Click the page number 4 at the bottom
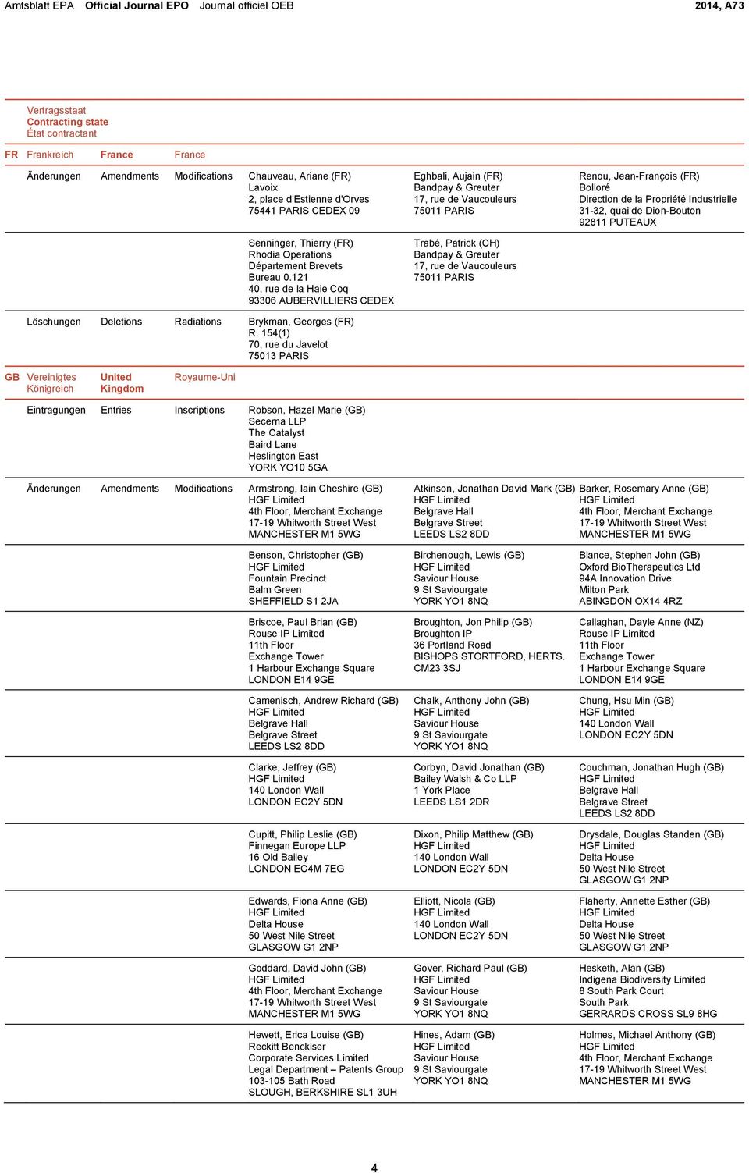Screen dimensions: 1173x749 pos(374,1168)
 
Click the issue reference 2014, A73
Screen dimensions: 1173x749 pos(719,5)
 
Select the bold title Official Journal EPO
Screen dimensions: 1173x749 pos(137,5)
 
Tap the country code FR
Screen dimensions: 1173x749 pos(12,155)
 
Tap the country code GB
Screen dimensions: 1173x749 pos(12,377)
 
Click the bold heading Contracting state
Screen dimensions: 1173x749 pos(68,122)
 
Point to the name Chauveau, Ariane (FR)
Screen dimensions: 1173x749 pos(300,176)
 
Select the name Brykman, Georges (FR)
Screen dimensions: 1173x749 pos(301,322)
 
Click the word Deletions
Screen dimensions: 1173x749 pos(121,322)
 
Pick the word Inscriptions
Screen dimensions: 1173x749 pos(199,410)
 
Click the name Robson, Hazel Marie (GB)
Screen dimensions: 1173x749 pos(307,410)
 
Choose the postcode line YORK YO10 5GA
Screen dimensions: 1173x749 pos(288,467)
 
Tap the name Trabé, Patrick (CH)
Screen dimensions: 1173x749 pos(456,243)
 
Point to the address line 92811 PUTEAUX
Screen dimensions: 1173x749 pos(617,222)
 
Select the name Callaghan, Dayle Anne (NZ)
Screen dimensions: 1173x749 pos(641,622)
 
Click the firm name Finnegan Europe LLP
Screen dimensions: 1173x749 pos(296,846)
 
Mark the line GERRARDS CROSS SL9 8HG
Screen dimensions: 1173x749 pos(648,1014)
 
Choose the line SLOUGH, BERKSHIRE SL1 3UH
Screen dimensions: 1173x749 pos(322,1093)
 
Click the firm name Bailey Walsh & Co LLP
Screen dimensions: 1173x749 pos(465,779)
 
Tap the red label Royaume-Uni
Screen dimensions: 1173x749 pos(204,377)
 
